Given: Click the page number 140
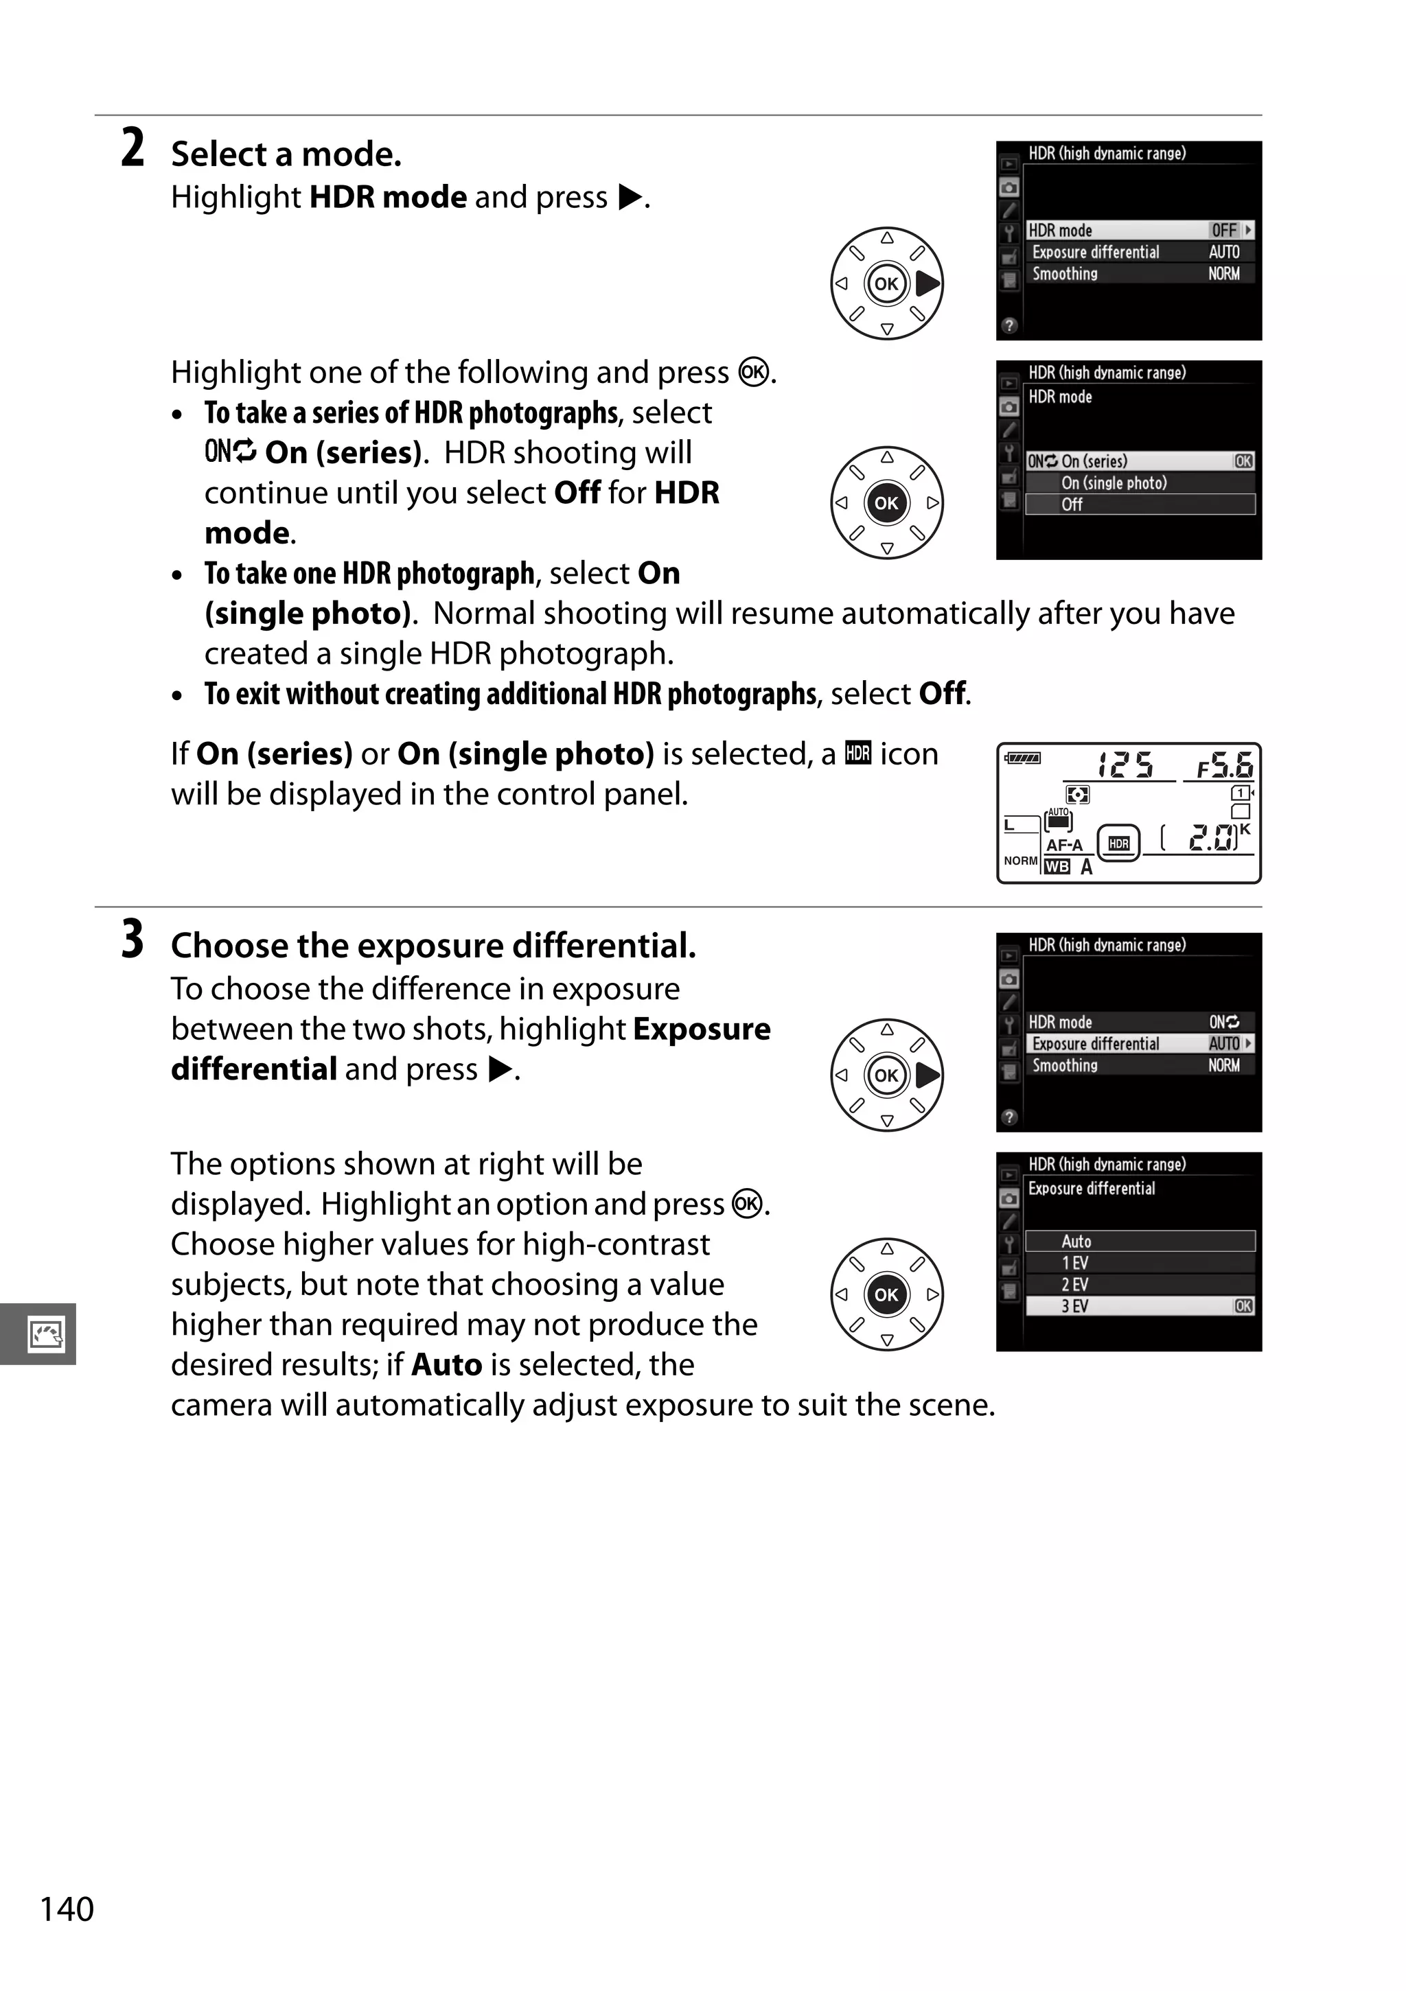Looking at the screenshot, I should pos(67,1909).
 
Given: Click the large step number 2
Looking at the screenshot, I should pos(132,148).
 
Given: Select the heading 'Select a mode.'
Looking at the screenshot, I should pos(286,154).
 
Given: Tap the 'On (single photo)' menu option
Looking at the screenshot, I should pos(1114,483).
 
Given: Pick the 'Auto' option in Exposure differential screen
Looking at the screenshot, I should pos(1076,1241).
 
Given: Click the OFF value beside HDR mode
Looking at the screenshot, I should pos(1224,231).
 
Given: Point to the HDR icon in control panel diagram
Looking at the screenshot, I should pos(1119,843).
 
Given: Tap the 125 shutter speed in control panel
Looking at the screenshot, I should pos(1125,765).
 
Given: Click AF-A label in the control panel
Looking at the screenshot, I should pos(1064,845).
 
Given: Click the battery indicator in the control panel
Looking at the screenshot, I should pos(1024,758).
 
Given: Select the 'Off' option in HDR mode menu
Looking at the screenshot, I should pos(1072,504).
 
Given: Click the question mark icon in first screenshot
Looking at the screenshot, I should pos(1009,326).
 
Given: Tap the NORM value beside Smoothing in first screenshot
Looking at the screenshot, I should pos(1224,274).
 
